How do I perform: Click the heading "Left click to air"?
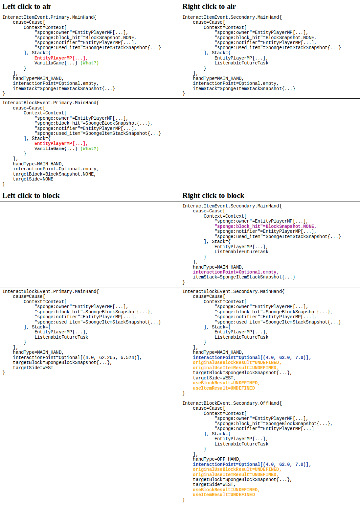tap(27, 7)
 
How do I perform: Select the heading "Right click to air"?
tap(209, 7)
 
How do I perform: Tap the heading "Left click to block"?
tap(31, 196)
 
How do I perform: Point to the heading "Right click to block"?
tap(213, 196)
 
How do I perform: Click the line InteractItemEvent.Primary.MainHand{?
tap(49, 17)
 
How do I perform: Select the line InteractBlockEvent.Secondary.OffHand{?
tap(232, 403)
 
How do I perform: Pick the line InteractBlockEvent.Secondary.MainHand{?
tap(234, 292)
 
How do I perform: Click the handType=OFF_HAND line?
tap(217, 459)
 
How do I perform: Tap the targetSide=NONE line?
tap(33, 179)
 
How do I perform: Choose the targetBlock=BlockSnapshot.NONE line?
tap(54, 174)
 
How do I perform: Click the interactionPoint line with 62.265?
tap(77, 358)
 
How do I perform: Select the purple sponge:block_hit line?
tap(265, 226)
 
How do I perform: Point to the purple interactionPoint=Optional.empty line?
tap(236, 272)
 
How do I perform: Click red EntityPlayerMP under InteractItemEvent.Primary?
tap(61, 58)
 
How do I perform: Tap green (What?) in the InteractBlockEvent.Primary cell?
tap(90, 149)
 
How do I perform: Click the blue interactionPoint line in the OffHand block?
tap(252, 464)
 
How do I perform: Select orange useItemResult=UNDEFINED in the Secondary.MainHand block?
tap(224, 388)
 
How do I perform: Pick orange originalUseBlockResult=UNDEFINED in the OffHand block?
tap(237, 469)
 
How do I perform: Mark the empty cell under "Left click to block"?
tap(90, 244)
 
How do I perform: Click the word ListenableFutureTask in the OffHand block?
tap(241, 444)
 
